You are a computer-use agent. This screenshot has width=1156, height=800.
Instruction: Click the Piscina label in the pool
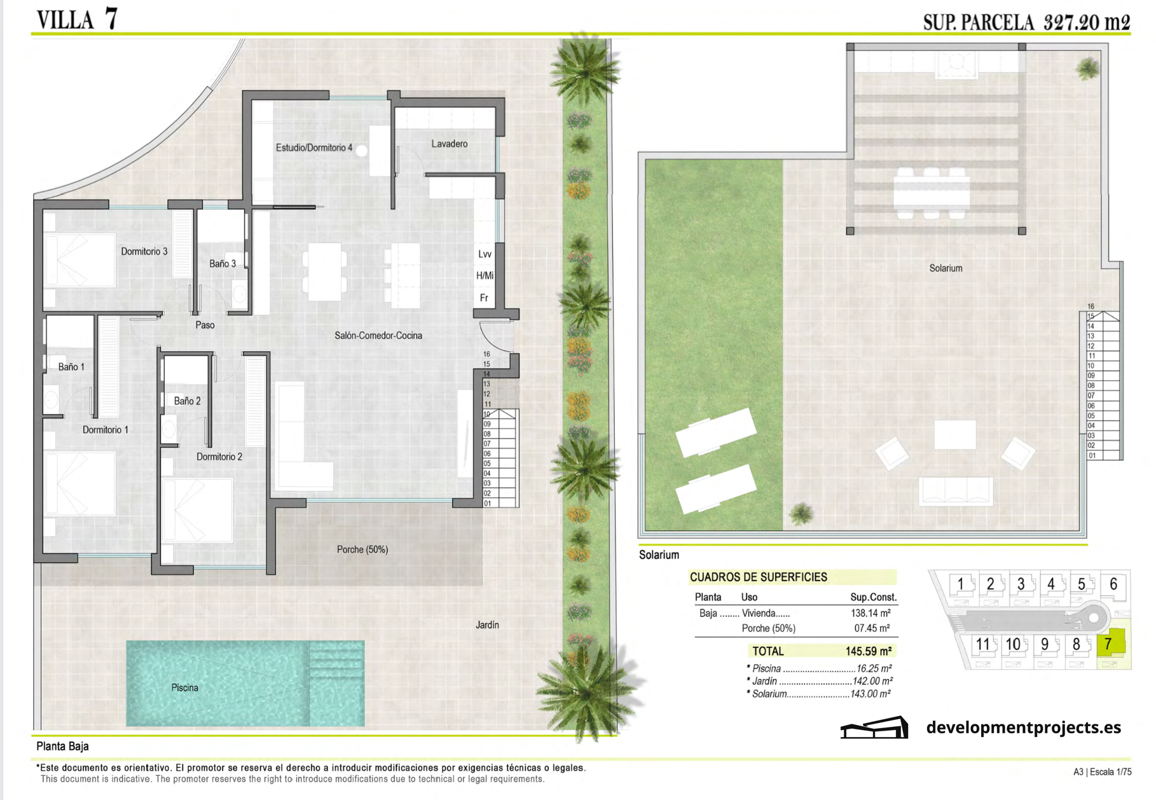click(x=184, y=687)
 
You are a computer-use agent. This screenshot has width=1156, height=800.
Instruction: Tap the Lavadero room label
click(x=449, y=144)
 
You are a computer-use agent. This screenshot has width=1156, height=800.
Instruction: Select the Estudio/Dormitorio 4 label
click(x=314, y=148)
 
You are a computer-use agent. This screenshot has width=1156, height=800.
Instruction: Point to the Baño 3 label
click(x=223, y=263)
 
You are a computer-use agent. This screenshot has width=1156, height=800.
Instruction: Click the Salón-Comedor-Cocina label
click(x=378, y=335)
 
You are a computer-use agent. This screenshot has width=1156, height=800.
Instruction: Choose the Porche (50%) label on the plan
click(x=362, y=549)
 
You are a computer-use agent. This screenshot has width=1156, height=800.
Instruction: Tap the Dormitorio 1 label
click(x=106, y=430)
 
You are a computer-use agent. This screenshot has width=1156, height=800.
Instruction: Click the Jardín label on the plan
click(x=487, y=625)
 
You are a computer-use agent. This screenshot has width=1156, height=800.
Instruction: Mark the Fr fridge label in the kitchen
click(x=484, y=298)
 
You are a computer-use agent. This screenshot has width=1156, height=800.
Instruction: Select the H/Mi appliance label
click(x=485, y=275)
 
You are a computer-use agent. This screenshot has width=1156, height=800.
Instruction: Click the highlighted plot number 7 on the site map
click(x=1108, y=644)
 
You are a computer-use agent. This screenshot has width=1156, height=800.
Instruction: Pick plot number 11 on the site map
click(x=983, y=644)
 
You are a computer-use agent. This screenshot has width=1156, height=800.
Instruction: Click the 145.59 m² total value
click(x=869, y=651)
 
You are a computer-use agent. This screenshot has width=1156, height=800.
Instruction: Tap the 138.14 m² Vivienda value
click(x=870, y=613)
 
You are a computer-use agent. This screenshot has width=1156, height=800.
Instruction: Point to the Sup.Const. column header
click(x=873, y=597)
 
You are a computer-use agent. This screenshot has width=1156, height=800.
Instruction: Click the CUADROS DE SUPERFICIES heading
click(x=759, y=577)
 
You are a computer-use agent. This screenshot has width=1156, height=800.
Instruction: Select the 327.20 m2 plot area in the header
click(x=1087, y=22)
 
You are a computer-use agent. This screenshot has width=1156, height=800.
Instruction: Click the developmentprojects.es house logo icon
click(x=874, y=728)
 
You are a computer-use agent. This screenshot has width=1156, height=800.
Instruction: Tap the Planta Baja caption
click(x=62, y=746)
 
